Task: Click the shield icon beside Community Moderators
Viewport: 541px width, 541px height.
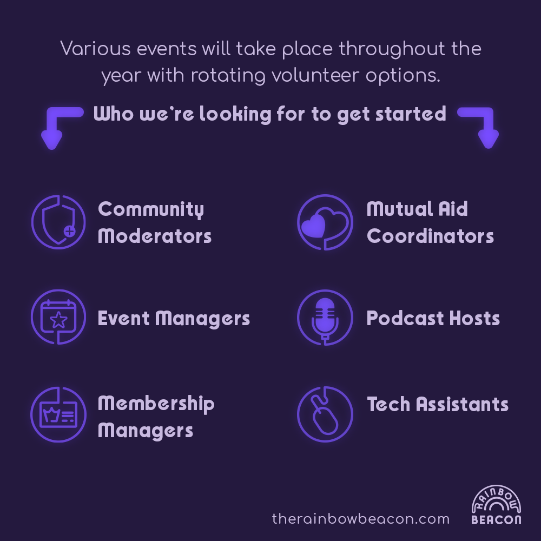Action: [58, 222]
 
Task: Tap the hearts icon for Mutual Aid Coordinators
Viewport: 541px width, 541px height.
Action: [325, 222]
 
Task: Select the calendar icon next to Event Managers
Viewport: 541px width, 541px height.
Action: [58, 316]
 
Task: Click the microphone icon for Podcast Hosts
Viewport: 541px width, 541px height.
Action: [325, 318]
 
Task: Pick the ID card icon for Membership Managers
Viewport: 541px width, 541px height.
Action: [58, 414]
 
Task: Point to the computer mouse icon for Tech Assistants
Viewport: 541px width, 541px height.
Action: [325, 414]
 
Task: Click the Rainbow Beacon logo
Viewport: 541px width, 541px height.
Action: [496, 504]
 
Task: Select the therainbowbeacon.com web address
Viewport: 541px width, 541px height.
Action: [360, 519]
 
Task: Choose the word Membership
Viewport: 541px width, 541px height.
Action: [156, 404]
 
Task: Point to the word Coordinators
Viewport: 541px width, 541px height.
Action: [430, 236]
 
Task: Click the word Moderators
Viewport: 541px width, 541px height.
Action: [155, 236]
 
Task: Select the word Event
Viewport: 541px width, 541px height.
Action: [123, 318]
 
